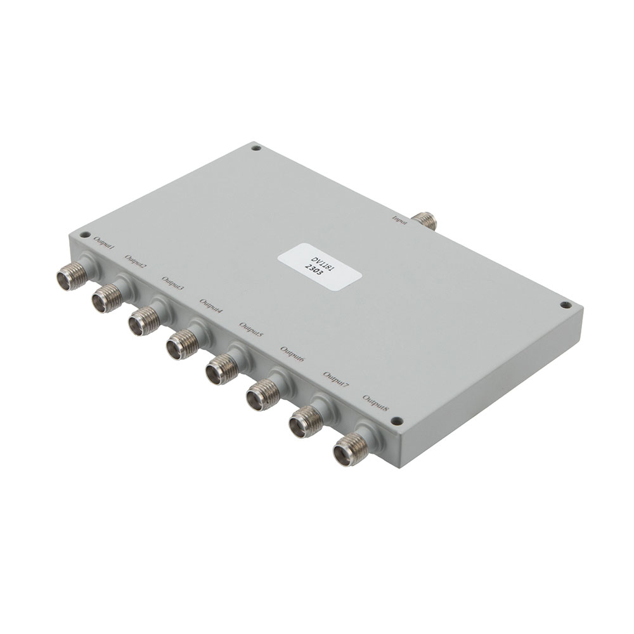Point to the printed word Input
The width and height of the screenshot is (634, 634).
coord(399,219)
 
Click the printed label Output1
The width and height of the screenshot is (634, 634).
coord(104,242)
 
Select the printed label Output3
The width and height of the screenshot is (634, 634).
coord(173,283)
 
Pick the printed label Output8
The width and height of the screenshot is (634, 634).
coord(377,404)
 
